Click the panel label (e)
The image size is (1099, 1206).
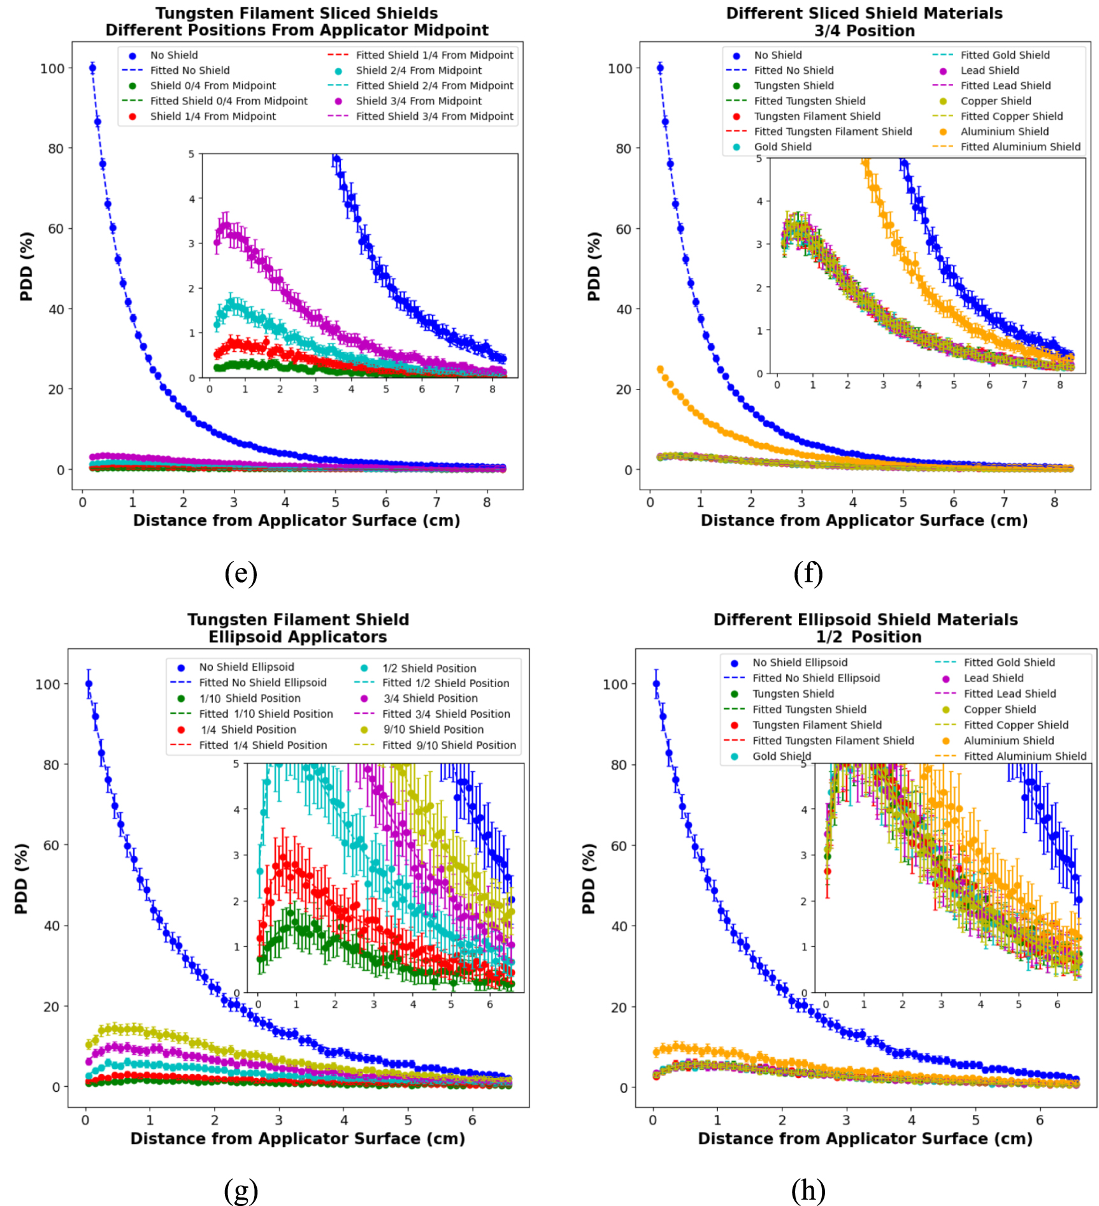click(241, 573)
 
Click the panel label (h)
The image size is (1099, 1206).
click(808, 1189)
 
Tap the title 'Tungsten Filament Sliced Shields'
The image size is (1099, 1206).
click(297, 13)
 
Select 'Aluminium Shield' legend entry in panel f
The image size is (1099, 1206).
click(1004, 131)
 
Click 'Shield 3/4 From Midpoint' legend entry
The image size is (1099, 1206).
click(419, 101)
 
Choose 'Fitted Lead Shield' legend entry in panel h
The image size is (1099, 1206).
click(1009, 694)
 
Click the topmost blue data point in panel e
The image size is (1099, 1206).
click(92, 68)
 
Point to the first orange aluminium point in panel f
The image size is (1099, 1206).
click(660, 369)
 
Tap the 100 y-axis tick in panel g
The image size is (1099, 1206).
click(47, 684)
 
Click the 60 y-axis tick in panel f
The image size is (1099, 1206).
click(624, 229)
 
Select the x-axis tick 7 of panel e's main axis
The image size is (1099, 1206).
click(436, 502)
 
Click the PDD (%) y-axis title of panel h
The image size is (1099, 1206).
click(588, 878)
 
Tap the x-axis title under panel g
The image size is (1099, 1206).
click(298, 1138)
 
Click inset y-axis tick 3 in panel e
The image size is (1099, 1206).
click(191, 243)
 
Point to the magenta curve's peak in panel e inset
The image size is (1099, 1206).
click(224, 224)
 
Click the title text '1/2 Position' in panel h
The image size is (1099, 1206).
click(868, 637)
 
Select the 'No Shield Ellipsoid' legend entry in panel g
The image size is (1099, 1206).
click(246, 667)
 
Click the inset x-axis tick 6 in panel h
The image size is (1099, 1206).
click(1057, 1004)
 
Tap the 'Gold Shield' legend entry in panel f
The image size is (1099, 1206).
click(782, 147)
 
